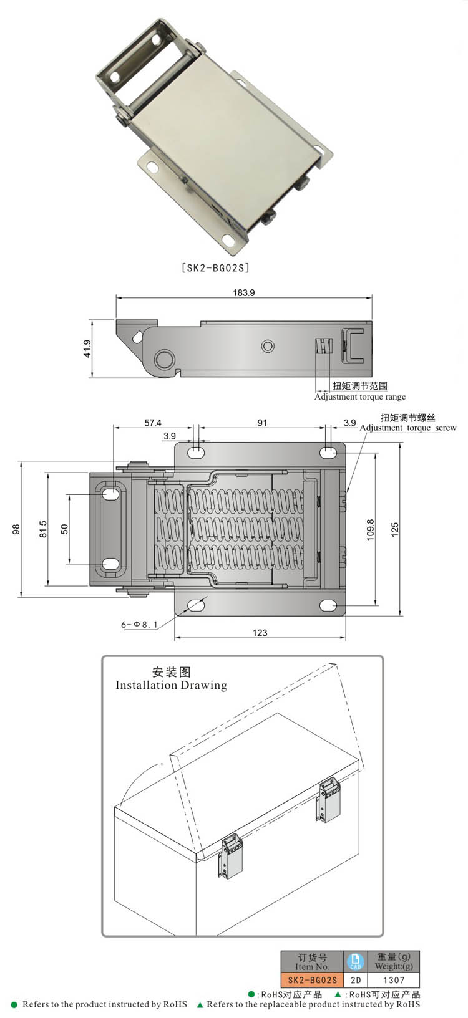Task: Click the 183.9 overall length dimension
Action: pyautogui.click(x=243, y=292)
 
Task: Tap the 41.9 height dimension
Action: pyautogui.click(x=87, y=348)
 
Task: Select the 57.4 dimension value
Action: pyautogui.click(x=153, y=423)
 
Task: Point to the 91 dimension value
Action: pyautogui.click(x=262, y=423)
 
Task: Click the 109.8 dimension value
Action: pyautogui.click(x=370, y=529)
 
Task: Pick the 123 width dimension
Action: pyautogui.click(x=260, y=633)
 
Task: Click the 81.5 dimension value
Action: pyautogui.click(x=42, y=529)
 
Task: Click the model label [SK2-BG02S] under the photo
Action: pyautogui.click(x=215, y=268)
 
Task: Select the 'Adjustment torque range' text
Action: pyautogui.click(x=360, y=397)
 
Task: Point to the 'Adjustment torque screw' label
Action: pyautogui.click(x=408, y=428)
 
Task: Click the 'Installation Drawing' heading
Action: pyautogui.click(x=171, y=685)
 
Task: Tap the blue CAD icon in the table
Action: pyautogui.click(x=355, y=961)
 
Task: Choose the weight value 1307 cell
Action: pyautogui.click(x=394, y=980)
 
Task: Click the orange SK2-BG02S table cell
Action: pyautogui.click(x=312, y=980)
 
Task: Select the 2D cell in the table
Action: pyautogui.click(x=355, y=980)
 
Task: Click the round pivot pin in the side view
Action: pyautogui.click(x=164, y=360)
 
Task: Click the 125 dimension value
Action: pyautogui.click(x=394, y=529)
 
